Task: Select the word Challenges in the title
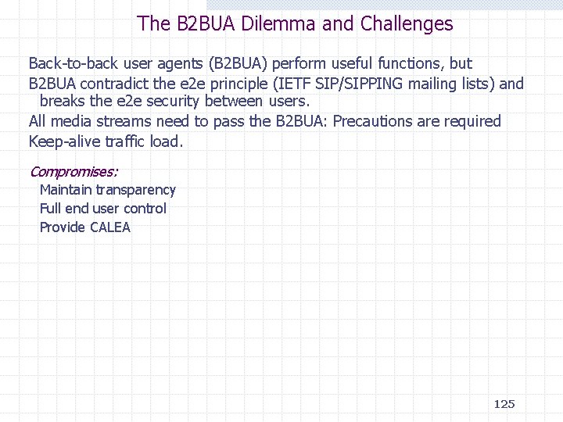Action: tap(407, 23)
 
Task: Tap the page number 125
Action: tap(504, 404)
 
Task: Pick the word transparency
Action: tap(136, 190)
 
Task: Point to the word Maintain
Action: tap(66, 190)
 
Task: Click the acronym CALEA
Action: tap(110, 228)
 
